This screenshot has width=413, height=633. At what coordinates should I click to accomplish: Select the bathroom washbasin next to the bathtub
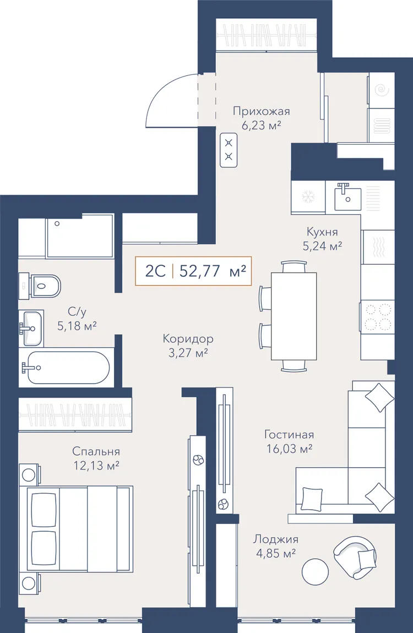pyautogui.click(x=31, y=328)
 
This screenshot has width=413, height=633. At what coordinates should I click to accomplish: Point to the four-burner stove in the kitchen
pyautogui.click(x=377, y=316)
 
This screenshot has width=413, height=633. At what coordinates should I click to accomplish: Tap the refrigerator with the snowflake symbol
pyautogui.click(x=308, y=197)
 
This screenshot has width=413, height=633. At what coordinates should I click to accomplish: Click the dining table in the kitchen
pyautogui.click(x=294, y=316)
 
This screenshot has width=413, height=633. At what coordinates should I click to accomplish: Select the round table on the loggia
pyautogui.click(x=315, y=572)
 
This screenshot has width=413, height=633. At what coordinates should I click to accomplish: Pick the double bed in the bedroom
pyautogui.click(x=79, y=528)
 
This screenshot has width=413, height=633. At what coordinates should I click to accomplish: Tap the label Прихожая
pyautogui.click(x=261, y=111)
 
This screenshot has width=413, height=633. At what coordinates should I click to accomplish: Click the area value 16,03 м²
pyautogui.click(x=290, y=449)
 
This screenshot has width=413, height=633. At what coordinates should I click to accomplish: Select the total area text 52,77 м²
pyautogui.click(x=213, y=271)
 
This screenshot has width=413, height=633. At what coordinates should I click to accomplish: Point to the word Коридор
pyautogui.click(x=188, y=339)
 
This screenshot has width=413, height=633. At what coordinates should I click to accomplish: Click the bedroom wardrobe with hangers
pyautogui.click(x=75, y=415)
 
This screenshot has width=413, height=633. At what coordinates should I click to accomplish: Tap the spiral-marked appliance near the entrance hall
pyautogui.click(x=381, y=90)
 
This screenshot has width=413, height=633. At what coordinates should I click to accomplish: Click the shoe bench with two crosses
pyautogui.click(x=229, y=150)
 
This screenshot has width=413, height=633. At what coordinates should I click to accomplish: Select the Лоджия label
pyautogui.click(x=276, y=539)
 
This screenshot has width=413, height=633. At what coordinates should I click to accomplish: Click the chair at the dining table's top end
pyautogui.click(x=294, y=267)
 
